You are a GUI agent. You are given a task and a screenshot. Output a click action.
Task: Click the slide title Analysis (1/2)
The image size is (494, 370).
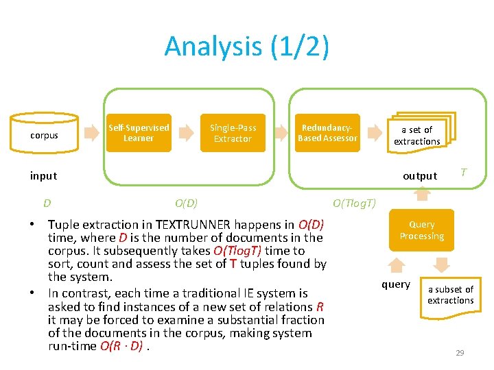pos(246,47)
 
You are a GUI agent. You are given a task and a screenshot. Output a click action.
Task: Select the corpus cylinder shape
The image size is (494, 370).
pos(45,134)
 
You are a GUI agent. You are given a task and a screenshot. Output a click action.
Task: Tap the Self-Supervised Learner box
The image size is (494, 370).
pos(139,133)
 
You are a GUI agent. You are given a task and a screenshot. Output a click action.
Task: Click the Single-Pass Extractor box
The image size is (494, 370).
pos(233,133)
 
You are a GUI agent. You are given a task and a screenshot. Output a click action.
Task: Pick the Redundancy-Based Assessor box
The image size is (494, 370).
pos(327,133)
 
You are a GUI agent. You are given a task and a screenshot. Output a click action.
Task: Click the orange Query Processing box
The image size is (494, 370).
pos(422,230)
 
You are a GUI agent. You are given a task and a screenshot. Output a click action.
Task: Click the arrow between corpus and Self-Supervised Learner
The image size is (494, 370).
pos(91,133)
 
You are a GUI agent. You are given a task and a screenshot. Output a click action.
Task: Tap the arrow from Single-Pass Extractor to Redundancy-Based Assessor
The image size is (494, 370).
pos(279,133)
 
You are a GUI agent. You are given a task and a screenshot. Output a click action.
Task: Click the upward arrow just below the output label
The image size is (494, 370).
pos(423,194)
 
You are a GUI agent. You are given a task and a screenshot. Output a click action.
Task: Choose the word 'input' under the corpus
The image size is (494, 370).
pos(43,176)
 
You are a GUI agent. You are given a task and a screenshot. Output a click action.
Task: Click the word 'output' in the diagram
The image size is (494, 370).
pos(419,176)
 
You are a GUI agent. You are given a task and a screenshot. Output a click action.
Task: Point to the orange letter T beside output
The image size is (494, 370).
pos(464,173)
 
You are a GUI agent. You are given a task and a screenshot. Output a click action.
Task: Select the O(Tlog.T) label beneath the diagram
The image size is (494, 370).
pos(354,203)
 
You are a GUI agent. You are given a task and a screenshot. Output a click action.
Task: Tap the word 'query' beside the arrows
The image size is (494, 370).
pos(396,284)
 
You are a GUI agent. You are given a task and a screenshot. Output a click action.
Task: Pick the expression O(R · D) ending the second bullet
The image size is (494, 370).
pos(121,346)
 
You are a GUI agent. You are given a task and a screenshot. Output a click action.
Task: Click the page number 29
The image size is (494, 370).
pos(460,353)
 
